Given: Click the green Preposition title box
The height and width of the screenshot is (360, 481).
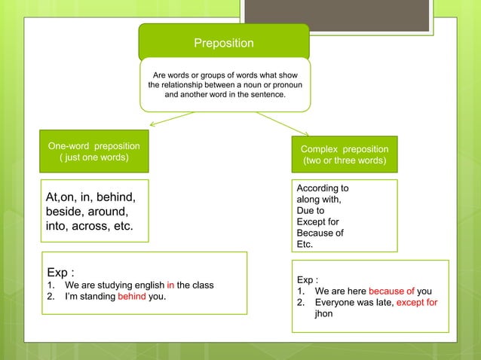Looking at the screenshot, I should (x=224, y=43).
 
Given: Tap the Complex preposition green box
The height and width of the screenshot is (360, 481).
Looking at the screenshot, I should (x=345, y=155).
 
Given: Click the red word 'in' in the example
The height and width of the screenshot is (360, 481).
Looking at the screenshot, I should (x=170, y=285).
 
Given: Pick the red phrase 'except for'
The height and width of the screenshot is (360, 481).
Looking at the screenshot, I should (x=417, y=303).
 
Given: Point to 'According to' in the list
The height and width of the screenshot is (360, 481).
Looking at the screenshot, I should (x=323, y=188).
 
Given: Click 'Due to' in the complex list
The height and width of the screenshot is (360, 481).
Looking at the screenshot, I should (x=311, y=211).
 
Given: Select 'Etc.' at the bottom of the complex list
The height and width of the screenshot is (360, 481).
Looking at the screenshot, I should (x=305, y=244).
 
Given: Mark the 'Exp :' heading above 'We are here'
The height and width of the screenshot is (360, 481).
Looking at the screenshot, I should (x=308, y=278).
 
